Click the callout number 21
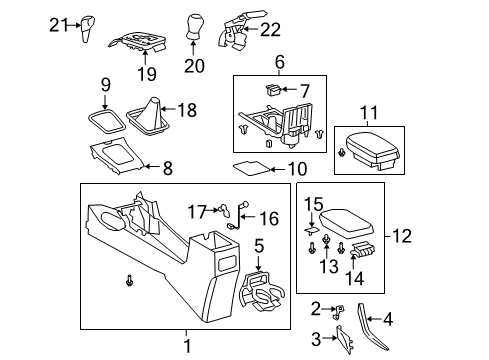click(56, 25)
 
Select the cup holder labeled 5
click(268, 217)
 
